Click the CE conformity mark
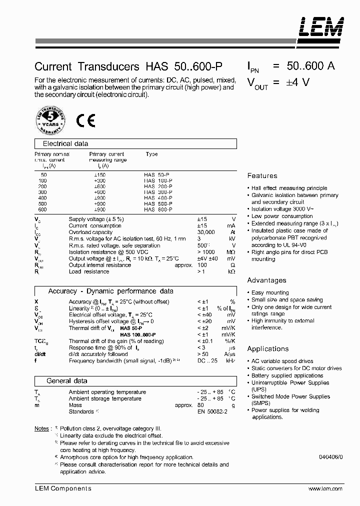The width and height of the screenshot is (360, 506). click(86, 121)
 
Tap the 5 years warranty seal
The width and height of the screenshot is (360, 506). click(49, 121)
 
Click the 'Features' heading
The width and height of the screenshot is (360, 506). click(262, 176)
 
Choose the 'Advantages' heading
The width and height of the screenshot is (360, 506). click(266, 280)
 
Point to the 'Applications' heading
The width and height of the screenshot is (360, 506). click(267, 349)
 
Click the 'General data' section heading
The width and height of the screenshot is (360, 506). click(66, 381)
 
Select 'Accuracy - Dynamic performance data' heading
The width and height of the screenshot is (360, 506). click(110, 291)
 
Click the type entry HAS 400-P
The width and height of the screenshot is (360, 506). click(158, 198)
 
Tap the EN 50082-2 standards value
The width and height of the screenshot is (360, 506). click(212, 411)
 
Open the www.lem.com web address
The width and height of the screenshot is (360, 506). click(325, 489)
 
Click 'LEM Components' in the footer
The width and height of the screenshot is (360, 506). click(63, 489)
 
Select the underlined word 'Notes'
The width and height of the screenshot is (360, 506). click(41, 429)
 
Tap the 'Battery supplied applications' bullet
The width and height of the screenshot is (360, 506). click(287, 375)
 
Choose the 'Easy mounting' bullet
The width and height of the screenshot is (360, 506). click(270, 293)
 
